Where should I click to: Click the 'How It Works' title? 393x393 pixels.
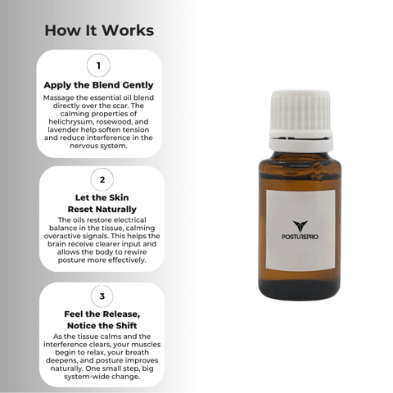[99, 30]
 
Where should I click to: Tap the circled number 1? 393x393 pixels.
[98, 65]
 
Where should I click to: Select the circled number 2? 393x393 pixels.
[102, 179]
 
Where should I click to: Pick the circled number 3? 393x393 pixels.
[102, 296]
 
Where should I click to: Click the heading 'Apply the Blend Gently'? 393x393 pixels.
[98, 85]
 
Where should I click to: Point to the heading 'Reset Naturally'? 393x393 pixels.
[102, 210]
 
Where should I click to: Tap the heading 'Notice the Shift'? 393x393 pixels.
[102, 326]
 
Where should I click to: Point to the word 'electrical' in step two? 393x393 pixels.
[130, 220]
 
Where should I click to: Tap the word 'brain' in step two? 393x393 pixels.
[56, 244]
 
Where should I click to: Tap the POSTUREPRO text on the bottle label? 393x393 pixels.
[300, 237]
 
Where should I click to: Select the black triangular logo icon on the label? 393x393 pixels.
[300, 226]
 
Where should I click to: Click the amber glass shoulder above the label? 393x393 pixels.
[300, 172]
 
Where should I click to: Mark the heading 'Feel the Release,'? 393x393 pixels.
[102, 314]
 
